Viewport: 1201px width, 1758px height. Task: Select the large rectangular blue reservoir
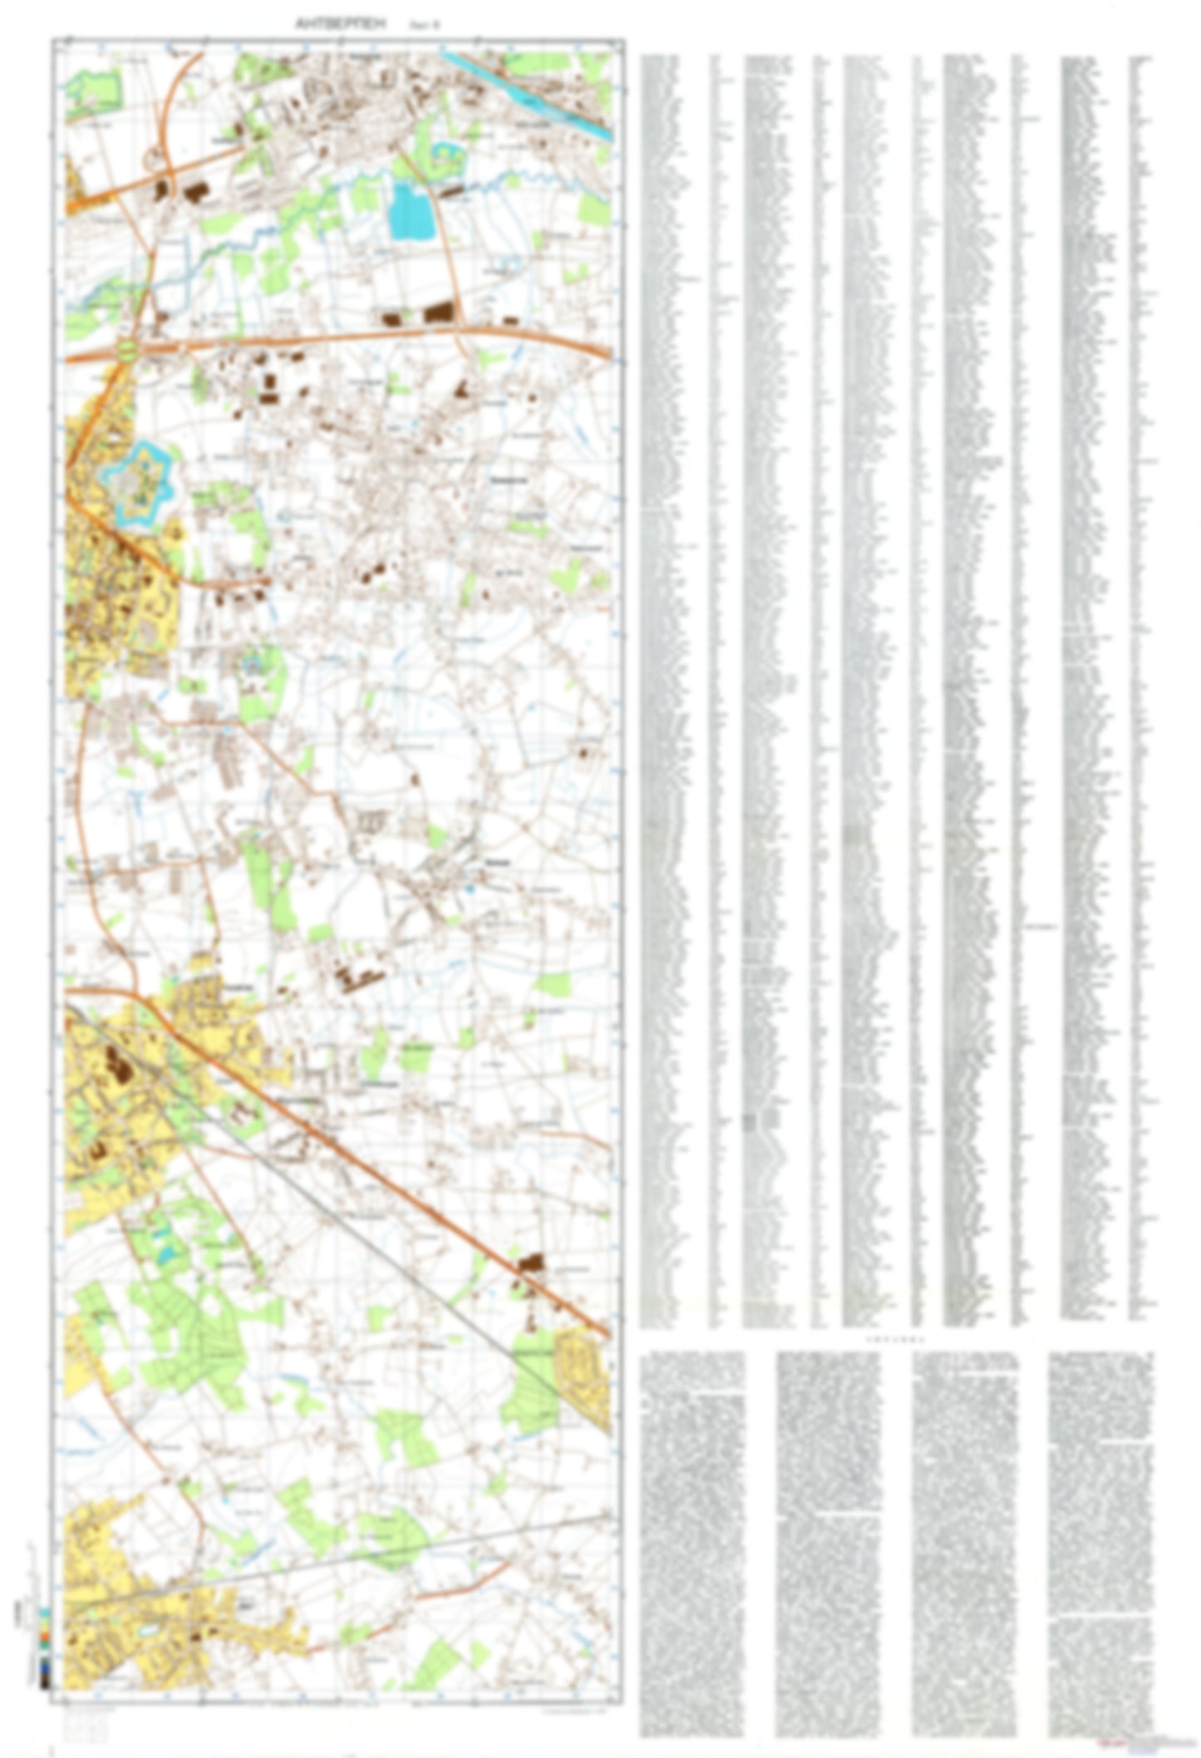[x=412, y=211]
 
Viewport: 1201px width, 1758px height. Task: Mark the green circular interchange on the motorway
[x=128, y=349]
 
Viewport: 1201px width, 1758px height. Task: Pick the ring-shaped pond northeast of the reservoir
[x=448, y=153]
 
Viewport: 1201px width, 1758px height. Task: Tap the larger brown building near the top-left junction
[x=194, y=192]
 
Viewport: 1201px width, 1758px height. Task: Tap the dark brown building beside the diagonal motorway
[x=529, y=1263]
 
